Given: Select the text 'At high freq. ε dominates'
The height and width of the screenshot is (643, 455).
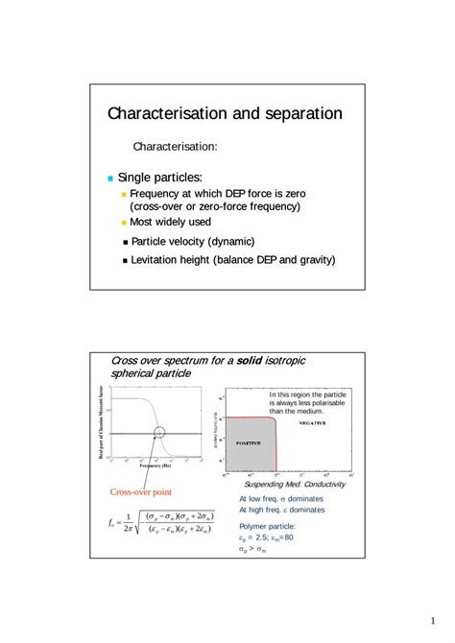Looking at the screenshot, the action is (x=281, y=510).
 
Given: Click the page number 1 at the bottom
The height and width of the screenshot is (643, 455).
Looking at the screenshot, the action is (x=434, y=620).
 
